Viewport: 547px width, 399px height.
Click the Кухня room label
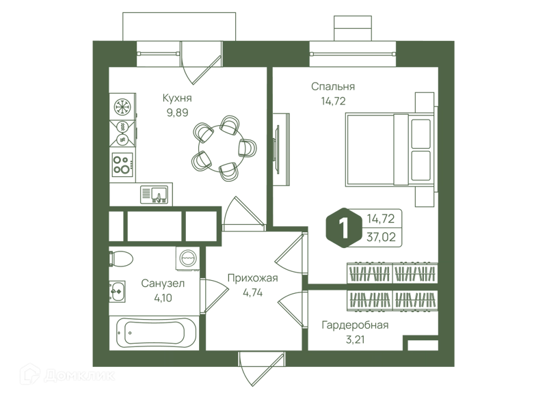[177, 98]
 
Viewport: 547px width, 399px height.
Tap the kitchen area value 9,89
[177, 113]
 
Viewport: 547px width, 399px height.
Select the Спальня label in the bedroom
[333, 86]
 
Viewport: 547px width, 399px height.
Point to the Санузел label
[163, 284]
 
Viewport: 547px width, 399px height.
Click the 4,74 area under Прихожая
[252, 292]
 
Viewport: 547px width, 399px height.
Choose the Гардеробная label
[355, 325]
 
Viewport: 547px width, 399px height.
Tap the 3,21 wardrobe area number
[355, 340]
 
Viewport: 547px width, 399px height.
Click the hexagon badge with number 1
[344, 228]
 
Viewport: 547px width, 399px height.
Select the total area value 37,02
[381, 237]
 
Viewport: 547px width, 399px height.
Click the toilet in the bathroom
[121, 259]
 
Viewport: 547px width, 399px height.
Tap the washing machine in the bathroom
[187, 259]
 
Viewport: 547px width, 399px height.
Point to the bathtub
[154, 333]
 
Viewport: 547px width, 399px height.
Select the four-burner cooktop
[122, 165]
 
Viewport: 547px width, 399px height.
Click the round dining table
[222, 148]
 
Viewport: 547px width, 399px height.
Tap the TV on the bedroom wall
[277, 149]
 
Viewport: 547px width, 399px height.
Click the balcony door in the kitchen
[201, 63]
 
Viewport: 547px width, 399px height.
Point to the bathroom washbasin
[117, 291]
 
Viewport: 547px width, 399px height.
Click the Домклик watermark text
[79, 375]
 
